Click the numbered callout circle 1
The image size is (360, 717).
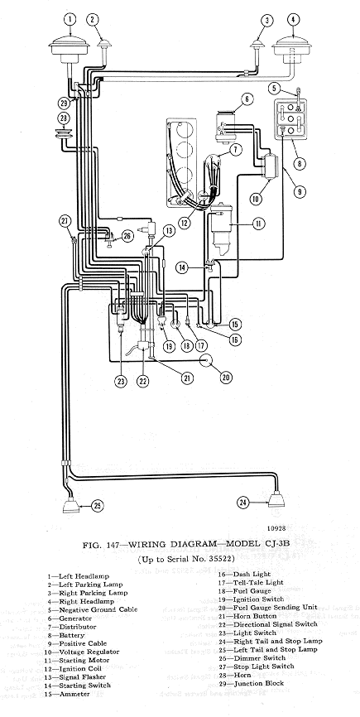[70, 20]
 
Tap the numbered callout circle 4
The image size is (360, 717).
[293, 20]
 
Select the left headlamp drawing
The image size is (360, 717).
[69, 49]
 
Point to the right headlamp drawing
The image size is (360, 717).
[292, 49]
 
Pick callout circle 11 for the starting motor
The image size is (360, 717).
[258, 224]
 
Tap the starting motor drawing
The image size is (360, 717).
[223, 229]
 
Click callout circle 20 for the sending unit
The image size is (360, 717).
[226, 377]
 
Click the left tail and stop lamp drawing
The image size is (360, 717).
[71, 504]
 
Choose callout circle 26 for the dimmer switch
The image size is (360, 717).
[127, 236]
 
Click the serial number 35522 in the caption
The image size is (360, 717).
[220, 559]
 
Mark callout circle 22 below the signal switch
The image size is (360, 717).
[143, 382]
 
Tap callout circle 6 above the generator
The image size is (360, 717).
[247, 99]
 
